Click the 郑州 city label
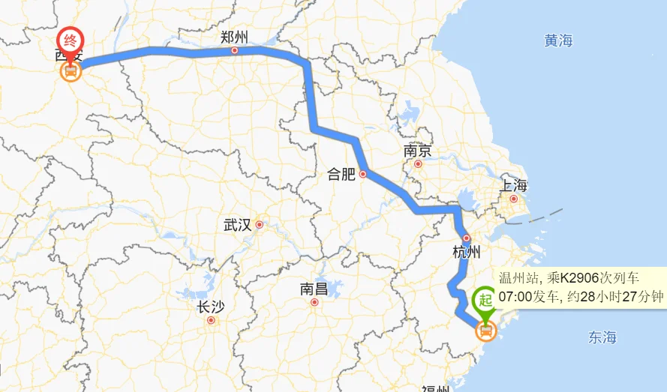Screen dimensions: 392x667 (x=234, y=37)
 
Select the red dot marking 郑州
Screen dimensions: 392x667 (x=235, y=51)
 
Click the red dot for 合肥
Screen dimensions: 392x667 (x=363, y=174)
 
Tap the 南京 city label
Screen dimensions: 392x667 (x=417, y=151)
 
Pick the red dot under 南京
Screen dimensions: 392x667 (x=419, y=164)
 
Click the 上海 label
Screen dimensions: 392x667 (x=514, y=185)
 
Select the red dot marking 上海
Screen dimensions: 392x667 (x=514, y=199)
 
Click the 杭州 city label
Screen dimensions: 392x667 (x=466, y=252)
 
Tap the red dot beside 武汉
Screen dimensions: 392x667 (x=260, y=224)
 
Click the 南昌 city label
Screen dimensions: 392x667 (x=314, y=289)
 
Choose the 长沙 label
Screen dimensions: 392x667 (x=210, y=307)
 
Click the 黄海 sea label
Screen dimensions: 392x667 (x=558, y=41)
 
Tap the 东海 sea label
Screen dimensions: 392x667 (x=602, y=337)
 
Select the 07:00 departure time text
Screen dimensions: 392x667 (x=515, y=296)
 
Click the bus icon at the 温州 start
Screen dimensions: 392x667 (x=486, y=330)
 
